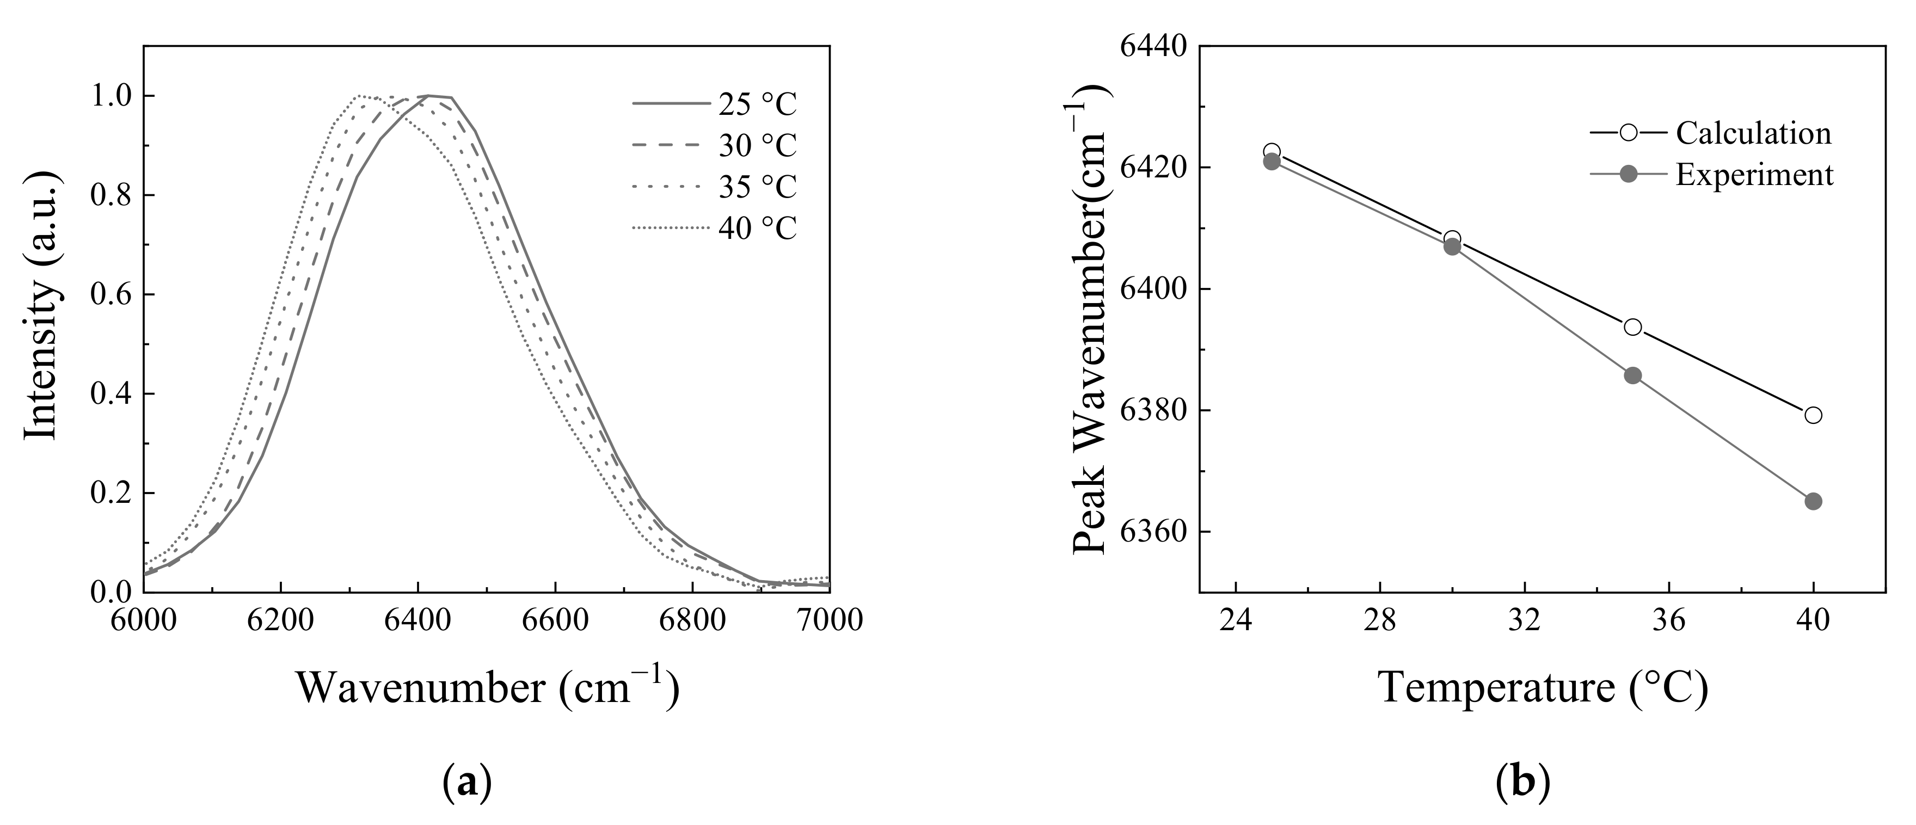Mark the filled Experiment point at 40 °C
(x=1813, y=501)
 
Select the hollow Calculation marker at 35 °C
(x=1632, y=327)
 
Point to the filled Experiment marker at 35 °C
(x=1632, y=375)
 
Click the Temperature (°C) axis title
(x=1543, y=687)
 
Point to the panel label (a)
(x=467, y=785)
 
